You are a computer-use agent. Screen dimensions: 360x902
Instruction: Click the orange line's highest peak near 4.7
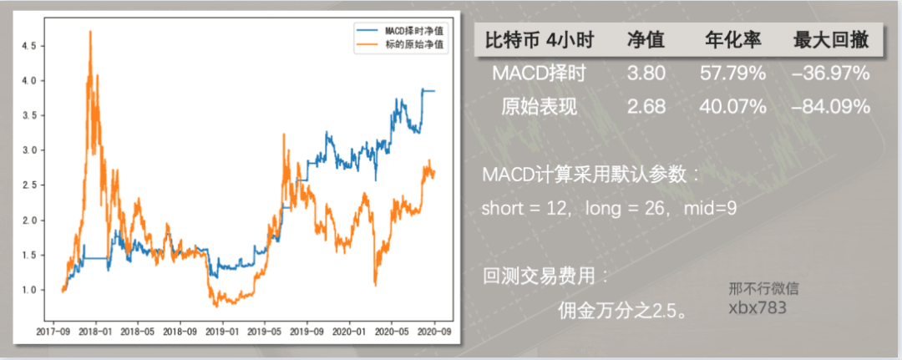click(89, 32)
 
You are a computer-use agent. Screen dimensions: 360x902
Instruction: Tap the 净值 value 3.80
click(646, 74)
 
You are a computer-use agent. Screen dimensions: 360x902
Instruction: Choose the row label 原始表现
click(539, 107)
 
